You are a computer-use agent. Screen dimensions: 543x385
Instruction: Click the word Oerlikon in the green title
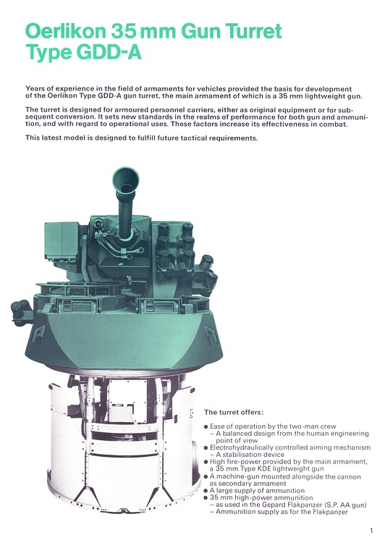(72, 32)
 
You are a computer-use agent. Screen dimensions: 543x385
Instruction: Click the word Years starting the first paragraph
(38, 88)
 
